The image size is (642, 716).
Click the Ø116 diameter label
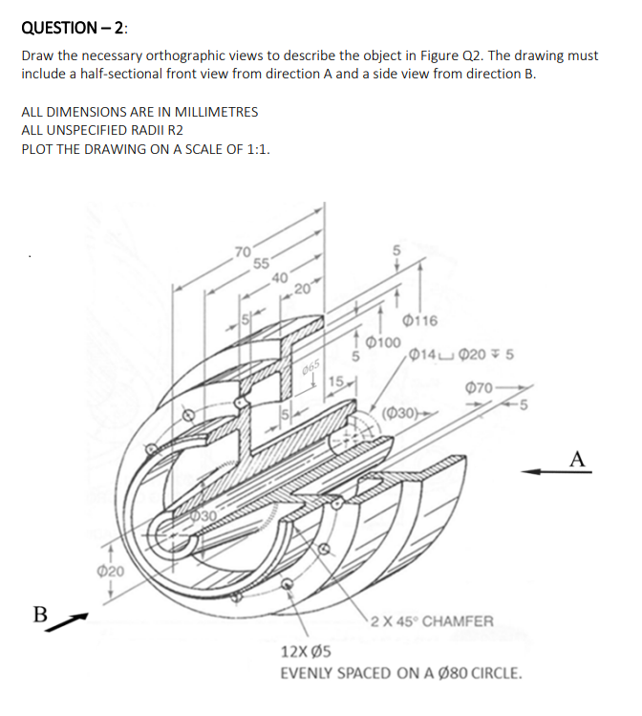tap(420, 320)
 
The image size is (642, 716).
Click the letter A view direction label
tap(577, 458)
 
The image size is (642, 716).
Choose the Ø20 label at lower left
tap(109, 571)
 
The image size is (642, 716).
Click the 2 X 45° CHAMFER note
tap(432, 621)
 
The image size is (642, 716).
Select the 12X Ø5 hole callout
tap(306, 652)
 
